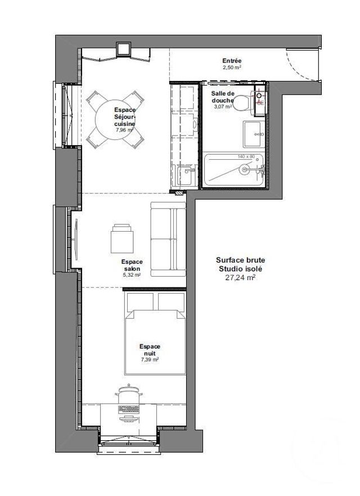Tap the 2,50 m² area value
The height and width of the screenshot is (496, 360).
coord(231,66)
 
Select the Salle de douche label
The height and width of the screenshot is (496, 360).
coord(223,97)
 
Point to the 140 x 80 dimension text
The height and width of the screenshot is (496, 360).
coord(246,156)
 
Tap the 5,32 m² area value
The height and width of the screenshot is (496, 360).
coord(132,275)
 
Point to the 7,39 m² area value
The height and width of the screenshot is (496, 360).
coord(150,359)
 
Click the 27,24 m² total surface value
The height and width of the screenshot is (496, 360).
coord(240,277)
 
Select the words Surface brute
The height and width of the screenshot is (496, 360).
coord(240,260)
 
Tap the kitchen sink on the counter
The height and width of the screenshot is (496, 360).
coord(186,175)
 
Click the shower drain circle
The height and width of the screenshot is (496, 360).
coord(245,169)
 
